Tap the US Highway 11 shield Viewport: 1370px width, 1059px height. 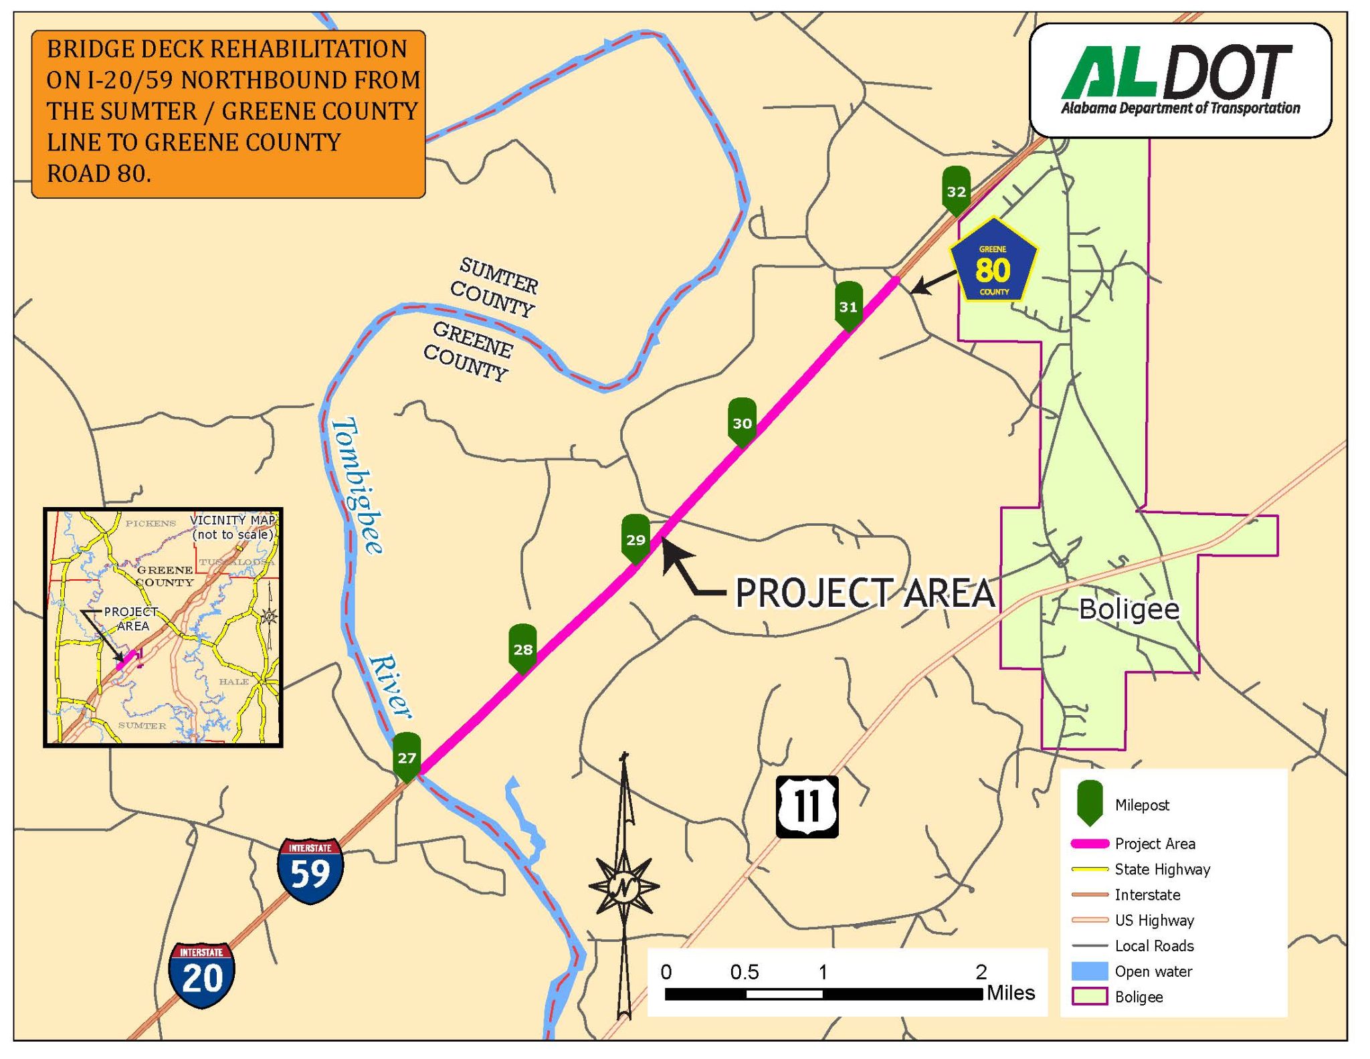(807, 806)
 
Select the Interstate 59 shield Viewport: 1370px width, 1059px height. (310, 870)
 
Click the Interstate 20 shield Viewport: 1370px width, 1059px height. (201, 975)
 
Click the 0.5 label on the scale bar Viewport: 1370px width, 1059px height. (744, 972)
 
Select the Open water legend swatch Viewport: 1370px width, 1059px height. (1089, 971)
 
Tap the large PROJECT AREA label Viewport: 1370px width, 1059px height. (865, 593)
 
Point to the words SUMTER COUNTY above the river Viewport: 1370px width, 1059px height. (495, 286)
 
